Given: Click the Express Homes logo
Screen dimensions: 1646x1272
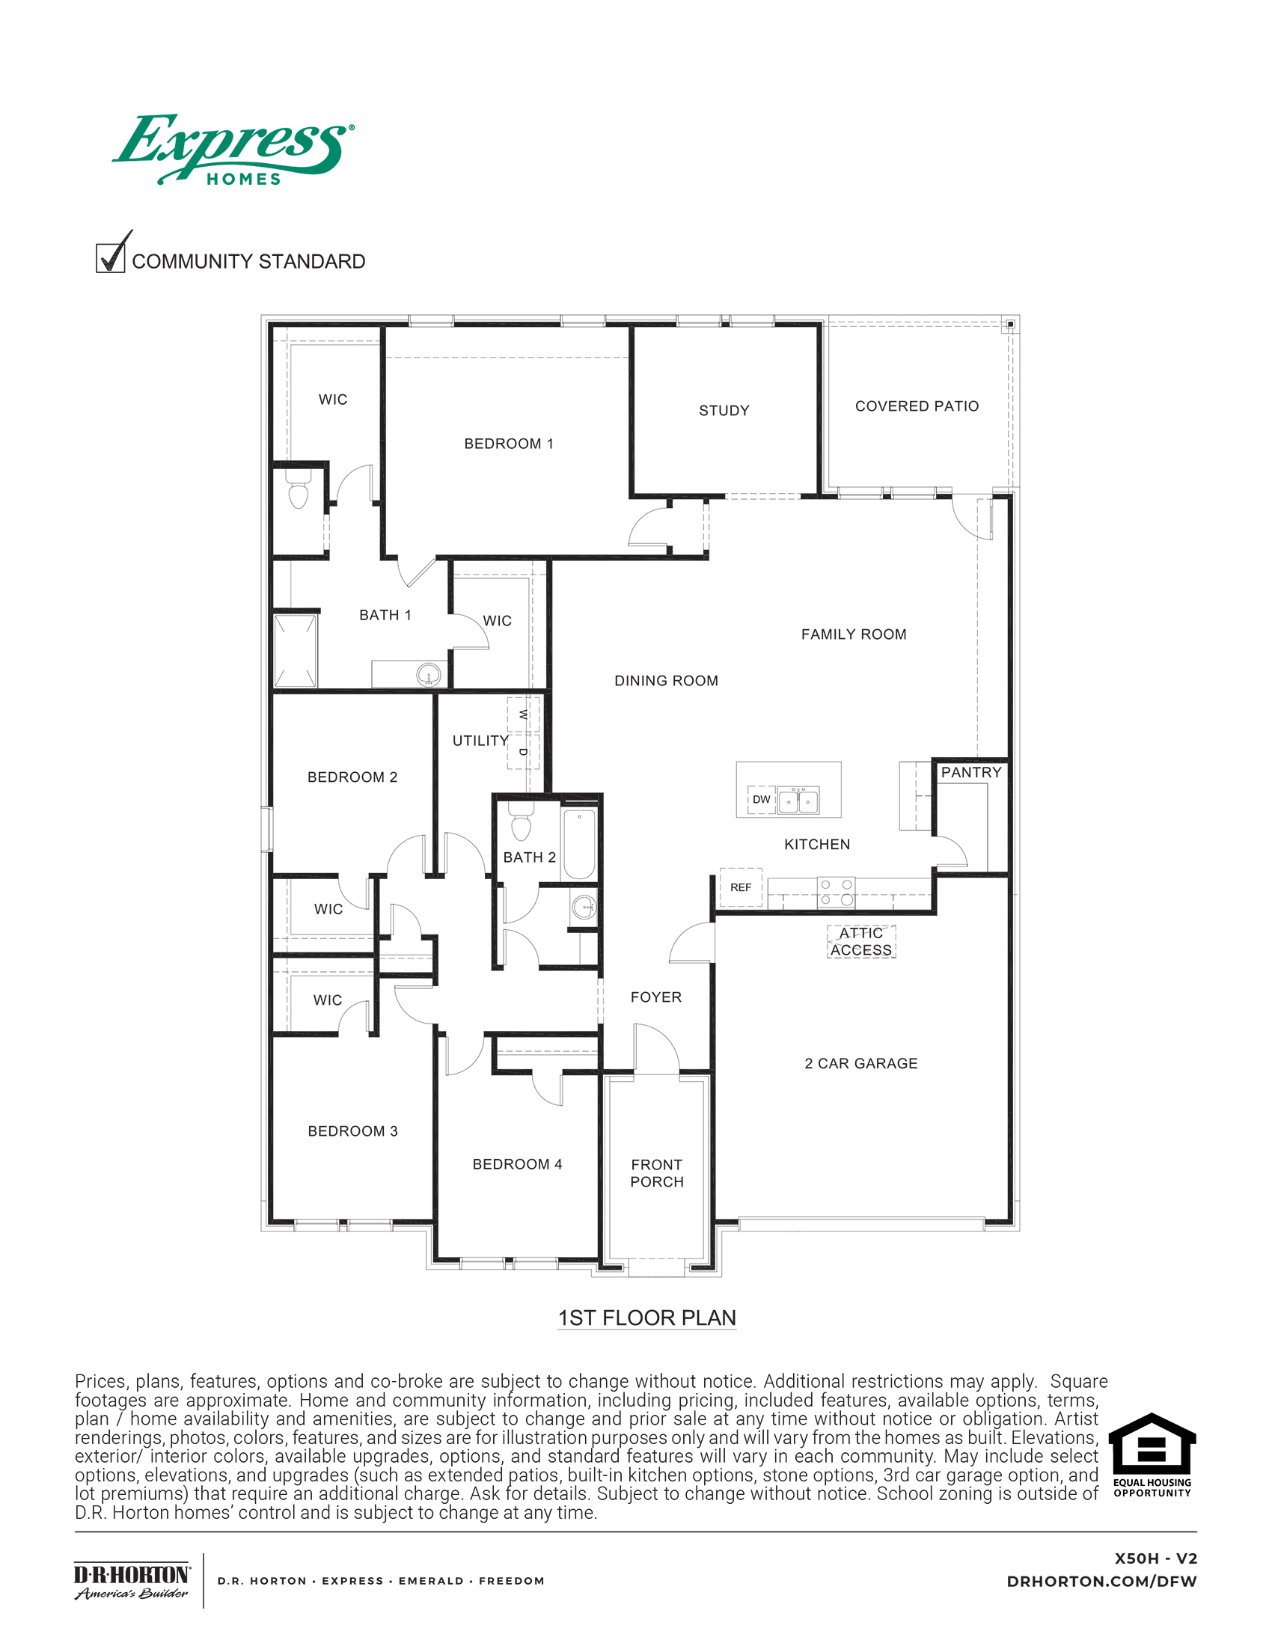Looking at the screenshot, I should (233, 150).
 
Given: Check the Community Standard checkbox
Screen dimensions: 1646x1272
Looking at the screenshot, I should (111, 258).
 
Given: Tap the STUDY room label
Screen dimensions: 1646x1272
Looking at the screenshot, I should (724, 411).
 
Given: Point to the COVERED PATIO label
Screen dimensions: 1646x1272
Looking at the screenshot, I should (917, 406).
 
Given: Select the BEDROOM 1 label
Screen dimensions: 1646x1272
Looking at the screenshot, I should (509, 444).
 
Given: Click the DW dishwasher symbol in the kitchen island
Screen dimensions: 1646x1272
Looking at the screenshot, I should (761, 799).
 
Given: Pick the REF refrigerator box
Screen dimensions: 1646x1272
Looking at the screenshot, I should (741, 887).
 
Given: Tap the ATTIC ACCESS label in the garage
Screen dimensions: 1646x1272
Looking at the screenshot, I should (861, 941).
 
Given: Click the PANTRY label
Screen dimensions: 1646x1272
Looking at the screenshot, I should (970, 773).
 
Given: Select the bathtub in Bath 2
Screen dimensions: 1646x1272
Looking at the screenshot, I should (579, 843).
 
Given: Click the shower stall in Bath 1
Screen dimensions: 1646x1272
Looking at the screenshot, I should (296, 651).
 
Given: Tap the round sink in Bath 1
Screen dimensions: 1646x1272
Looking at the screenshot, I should (429, 675).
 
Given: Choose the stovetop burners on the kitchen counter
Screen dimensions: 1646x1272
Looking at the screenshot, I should (837, 892).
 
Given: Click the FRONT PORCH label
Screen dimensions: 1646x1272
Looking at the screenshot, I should (656, 1172).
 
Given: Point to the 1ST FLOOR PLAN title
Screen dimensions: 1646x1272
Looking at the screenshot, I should (646, 1318).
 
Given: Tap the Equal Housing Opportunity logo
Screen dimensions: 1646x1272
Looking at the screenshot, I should (1152, 1455).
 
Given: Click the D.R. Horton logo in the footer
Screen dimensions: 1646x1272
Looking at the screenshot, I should (132, 1581).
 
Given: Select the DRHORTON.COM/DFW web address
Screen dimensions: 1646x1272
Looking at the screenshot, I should (1101, 1581).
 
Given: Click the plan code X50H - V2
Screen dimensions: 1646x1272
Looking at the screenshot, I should (1155, 1558).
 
